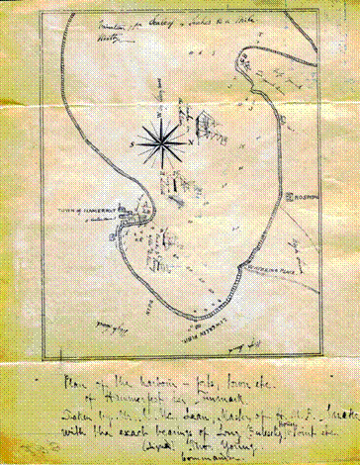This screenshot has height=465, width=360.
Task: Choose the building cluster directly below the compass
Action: (x=176, y=185)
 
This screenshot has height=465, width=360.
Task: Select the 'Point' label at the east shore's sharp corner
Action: (x=294, y=265)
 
